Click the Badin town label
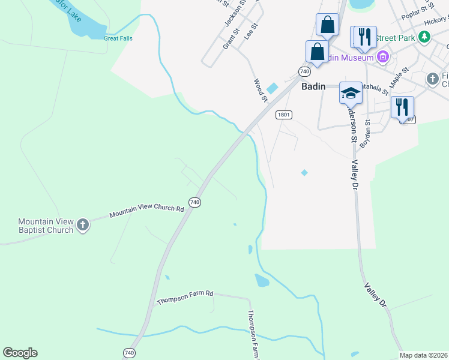313,86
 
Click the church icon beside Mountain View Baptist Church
83,226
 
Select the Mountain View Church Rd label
146,211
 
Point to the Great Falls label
118,38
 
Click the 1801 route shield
283,114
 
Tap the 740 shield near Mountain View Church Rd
194,203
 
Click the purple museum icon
383,58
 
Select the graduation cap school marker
351,93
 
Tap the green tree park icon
425,37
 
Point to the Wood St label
260,90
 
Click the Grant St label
231,38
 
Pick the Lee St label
250,32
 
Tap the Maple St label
398,77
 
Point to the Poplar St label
418,8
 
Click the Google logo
20,353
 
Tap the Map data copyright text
423,355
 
